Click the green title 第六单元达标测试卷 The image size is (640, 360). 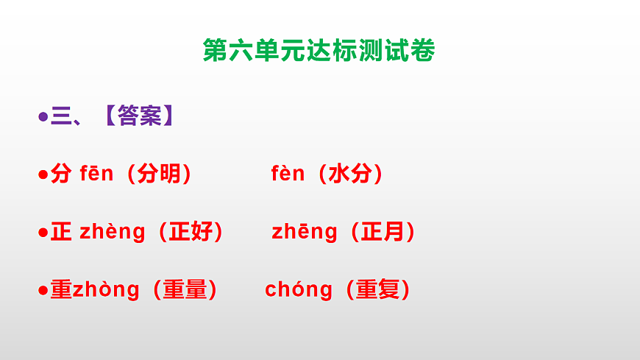point(319,51)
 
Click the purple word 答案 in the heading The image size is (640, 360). point(139,116)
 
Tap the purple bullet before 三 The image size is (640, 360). point(43,116)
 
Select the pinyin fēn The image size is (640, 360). point(96,174)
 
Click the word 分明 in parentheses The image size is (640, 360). point(159,174)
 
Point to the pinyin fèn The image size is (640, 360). point(288,174)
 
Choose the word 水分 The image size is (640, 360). point(350,174)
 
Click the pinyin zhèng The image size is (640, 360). point(113,232)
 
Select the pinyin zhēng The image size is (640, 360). point(305,232)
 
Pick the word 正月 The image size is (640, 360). point(383,232)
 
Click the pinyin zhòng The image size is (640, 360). point(106,289)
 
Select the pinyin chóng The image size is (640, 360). point(299,289)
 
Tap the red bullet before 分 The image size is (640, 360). point(43,175)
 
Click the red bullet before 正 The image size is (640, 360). point(43,233)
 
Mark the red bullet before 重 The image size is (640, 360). point(43,291)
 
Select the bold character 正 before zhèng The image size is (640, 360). point(61,232)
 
